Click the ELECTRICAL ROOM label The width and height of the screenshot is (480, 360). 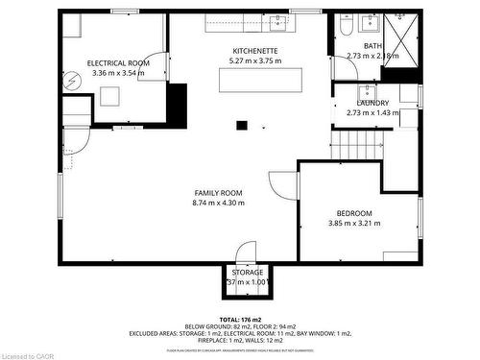[x=118, y=62]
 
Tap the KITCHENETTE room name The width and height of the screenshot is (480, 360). [x=255, y=50]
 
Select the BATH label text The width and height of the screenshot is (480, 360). [x=372, y=46]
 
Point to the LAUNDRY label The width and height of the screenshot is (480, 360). [x=372, y=103]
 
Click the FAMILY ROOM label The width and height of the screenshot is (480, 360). [x=219, y=193]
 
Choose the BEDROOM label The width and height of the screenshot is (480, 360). [x=354, y=213]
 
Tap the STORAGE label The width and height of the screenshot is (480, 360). [x=247, y=273]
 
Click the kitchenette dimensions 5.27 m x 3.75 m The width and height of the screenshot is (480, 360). [x=255, y=60]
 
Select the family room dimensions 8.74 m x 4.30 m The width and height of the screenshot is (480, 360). [x=219, y=204]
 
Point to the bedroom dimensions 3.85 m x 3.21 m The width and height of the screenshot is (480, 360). [x=354, y=224]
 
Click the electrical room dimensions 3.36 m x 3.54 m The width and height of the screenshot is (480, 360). [x=118, y=73]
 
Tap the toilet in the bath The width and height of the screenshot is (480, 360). [x=346, y=27]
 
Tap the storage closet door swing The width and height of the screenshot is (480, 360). [x=247, y=252]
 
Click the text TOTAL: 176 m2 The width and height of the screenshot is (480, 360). [x=242, y=320]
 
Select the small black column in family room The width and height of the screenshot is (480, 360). [x=243, y=123]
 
